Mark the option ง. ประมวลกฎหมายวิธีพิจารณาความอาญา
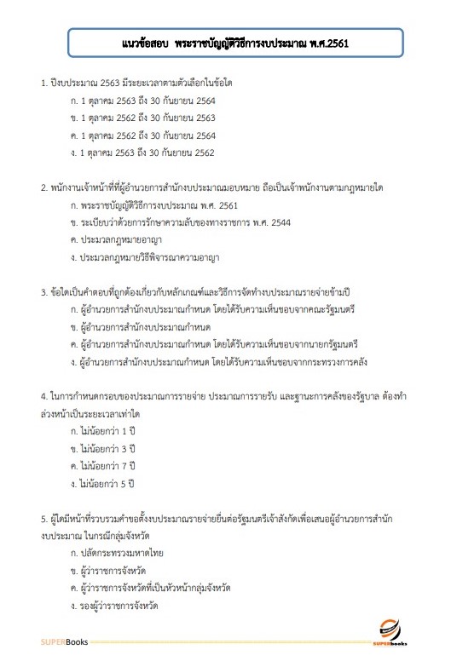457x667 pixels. point(142,258)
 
